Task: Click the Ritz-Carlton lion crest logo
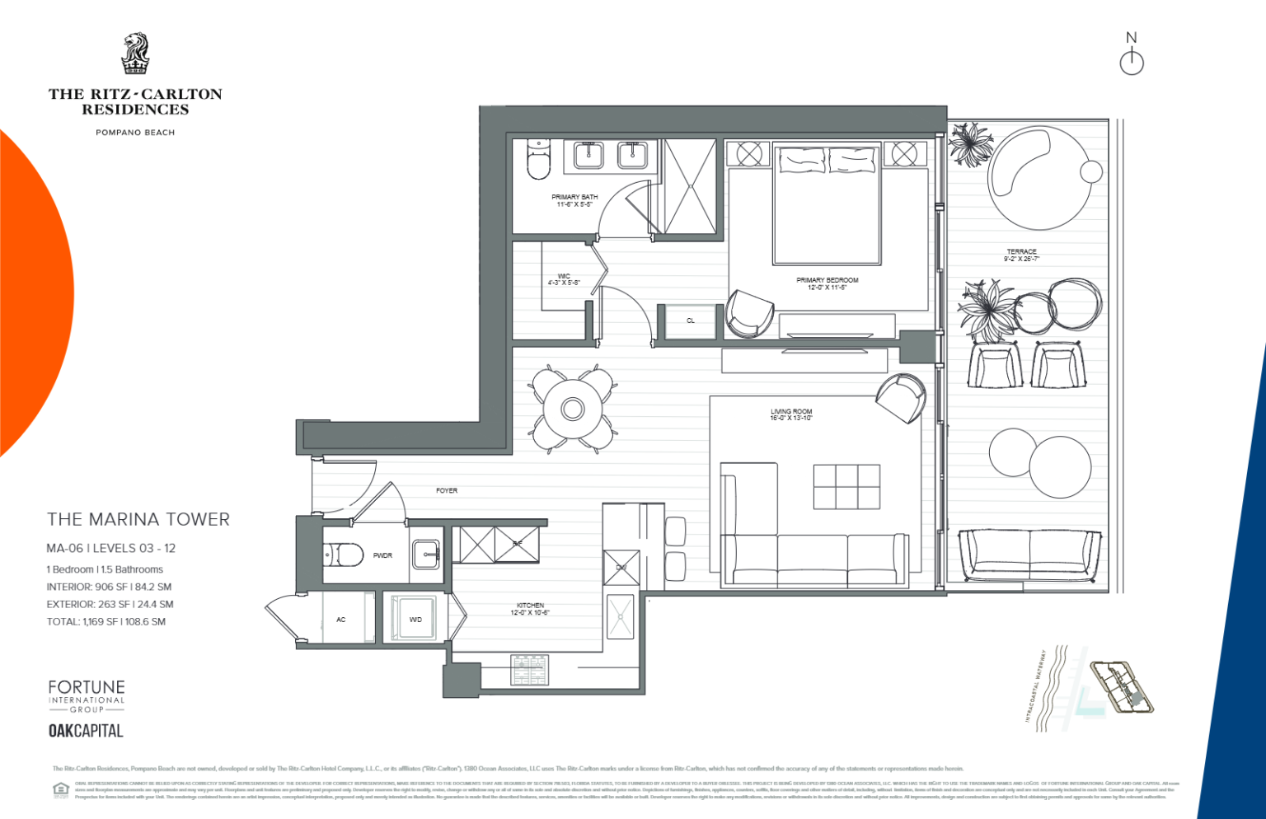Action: click(135, 54)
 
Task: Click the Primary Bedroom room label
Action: click(827, 283)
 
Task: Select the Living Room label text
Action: click(791, 414)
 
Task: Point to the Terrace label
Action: click(1021, 255)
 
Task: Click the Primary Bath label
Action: click(574, 200)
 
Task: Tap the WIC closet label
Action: click(564, 279)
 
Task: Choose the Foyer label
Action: click(447, 490)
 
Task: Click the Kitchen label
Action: click(530, 609)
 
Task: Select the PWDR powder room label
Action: click(382, 555)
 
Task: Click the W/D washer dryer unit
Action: click(415, 619)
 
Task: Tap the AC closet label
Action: click(340, 619)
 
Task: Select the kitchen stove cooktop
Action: click(529, 670)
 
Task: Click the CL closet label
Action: click(691, 321)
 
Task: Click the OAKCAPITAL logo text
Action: click(86, 731)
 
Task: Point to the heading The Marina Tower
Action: click(138, 519)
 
